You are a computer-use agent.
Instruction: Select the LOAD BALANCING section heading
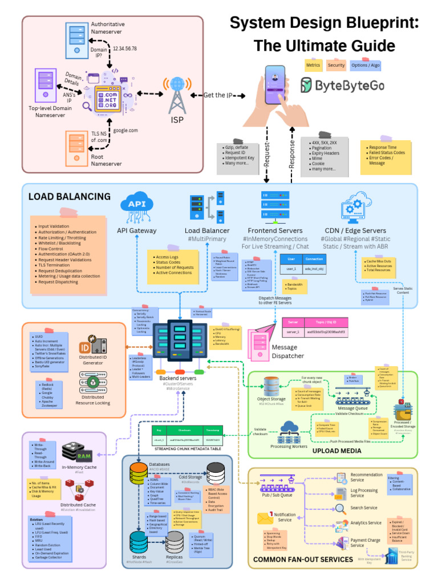coord(70,197)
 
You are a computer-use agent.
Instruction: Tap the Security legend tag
coord(336,66)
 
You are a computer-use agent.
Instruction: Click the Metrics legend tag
coord(313,66)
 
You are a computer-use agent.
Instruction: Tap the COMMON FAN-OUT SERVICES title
coord(303,559)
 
